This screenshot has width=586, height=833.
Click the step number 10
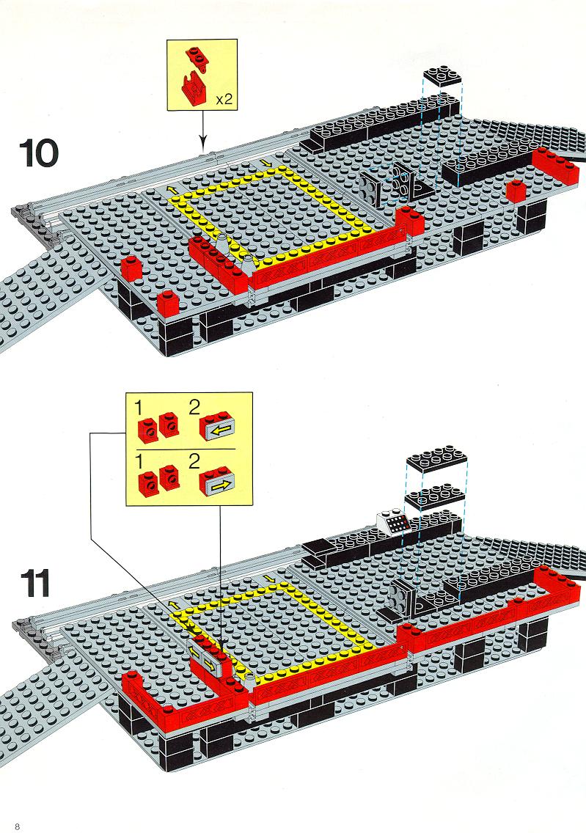[x=40, y=153]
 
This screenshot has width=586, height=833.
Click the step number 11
[x=36, y=583]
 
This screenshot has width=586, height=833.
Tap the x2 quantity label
[x=224, y=99]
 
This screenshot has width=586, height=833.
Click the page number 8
[x=17, y=826]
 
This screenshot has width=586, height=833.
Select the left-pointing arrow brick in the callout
[x=217, y=425]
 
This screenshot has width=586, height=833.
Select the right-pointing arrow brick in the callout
[x=217, y=481]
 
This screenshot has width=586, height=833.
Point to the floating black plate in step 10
[x=442, y=76]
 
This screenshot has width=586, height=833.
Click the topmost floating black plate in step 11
[x=436, y=460]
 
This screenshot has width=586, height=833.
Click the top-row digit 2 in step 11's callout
[x=194, y=408]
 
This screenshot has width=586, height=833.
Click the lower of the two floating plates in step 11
[x=436, y=496]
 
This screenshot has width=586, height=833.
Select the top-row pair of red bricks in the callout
[x=158, y=425]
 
